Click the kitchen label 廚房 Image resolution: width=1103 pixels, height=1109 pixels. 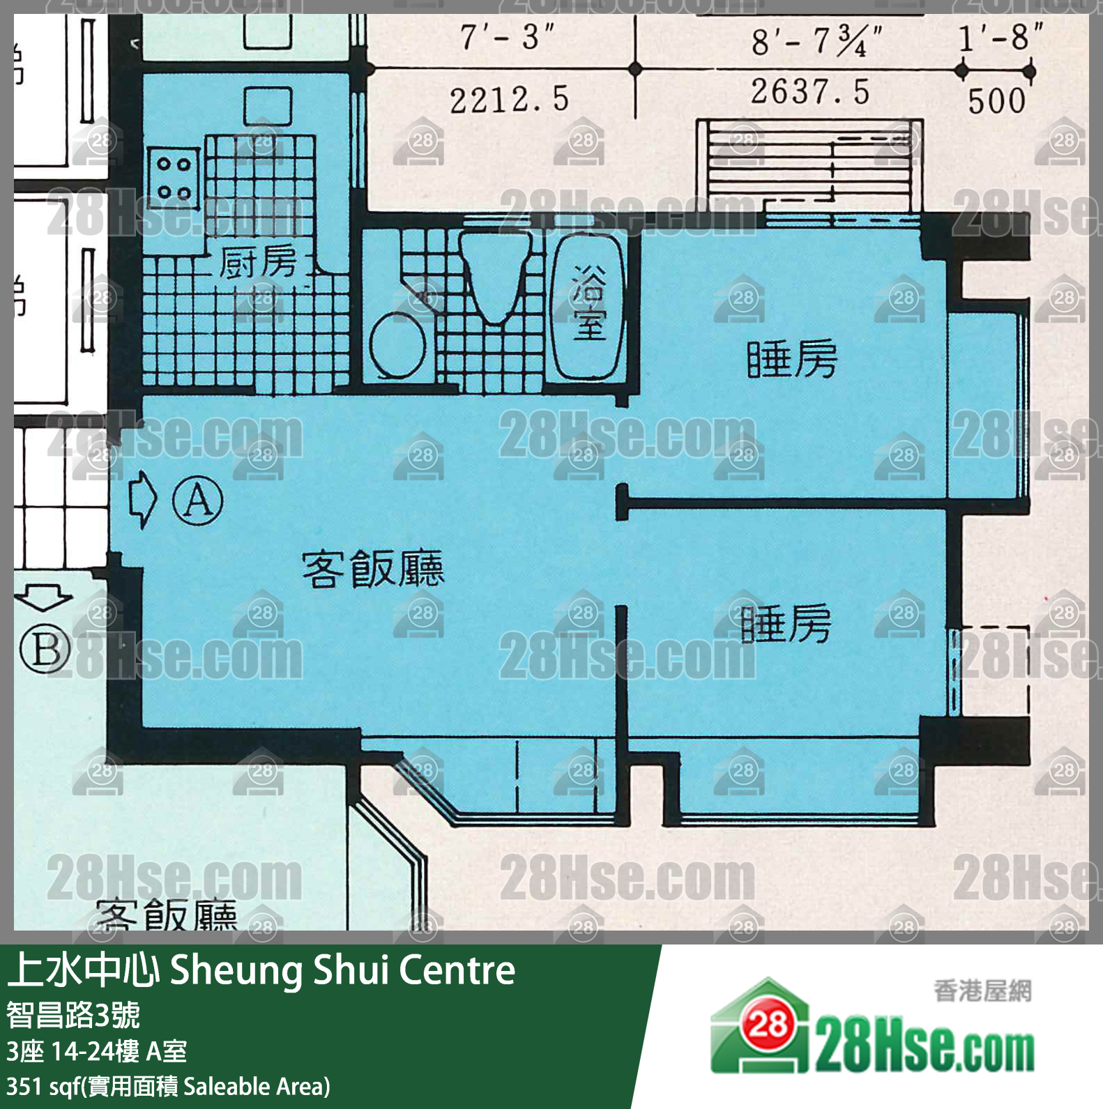click(258, 262)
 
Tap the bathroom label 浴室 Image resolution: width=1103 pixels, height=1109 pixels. click(589, 304)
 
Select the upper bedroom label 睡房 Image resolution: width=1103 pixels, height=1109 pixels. click(791, 359)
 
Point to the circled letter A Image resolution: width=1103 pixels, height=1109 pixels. click(198, 500)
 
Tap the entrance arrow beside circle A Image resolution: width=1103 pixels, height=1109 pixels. click(143, 499)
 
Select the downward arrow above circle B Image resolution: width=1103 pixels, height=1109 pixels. click(43, 597)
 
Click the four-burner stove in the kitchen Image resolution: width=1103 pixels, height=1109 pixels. click(174, 177)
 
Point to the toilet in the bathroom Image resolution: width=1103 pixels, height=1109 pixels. click(496, 275)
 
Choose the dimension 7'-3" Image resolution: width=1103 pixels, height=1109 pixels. click(507, 37)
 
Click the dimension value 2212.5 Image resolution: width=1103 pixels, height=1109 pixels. click(509, 100)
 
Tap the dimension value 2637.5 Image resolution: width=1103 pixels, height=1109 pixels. click(810, 92)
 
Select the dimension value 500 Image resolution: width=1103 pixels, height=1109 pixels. click(997, 101)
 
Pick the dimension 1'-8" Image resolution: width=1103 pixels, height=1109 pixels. click(1001, 37)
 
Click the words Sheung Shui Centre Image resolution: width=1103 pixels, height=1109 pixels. click(342, 970)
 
